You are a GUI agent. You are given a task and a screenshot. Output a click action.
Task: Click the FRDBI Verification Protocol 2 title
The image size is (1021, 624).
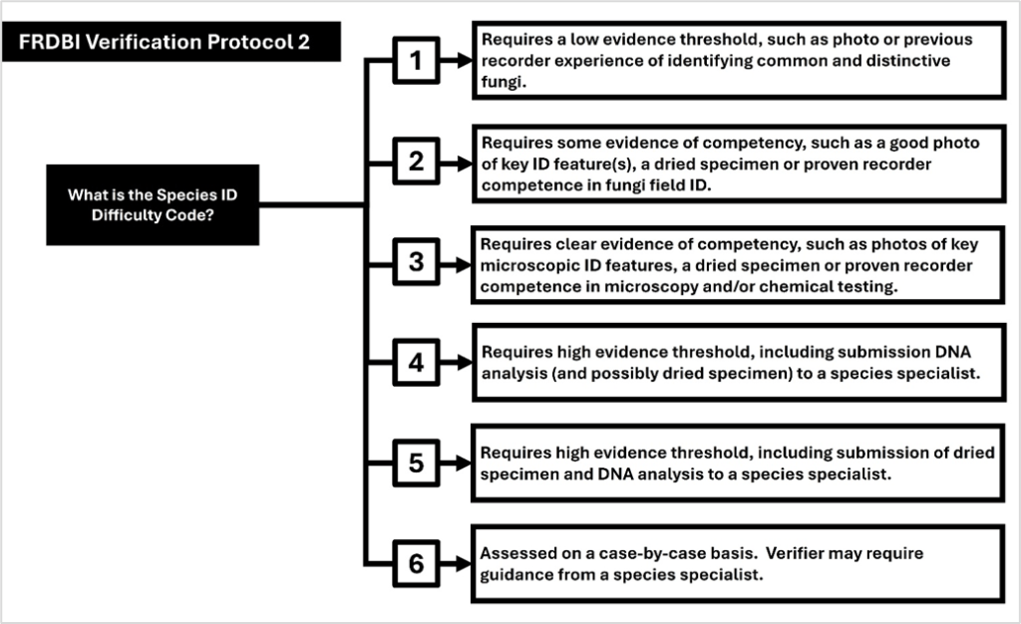(x=171, y=42)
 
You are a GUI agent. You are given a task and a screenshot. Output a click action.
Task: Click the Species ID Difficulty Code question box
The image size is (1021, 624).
(x=153, y=205)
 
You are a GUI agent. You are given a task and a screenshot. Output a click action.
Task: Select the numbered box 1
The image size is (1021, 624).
(x=417, y=62)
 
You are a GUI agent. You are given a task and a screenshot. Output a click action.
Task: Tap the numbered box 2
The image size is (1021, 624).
(x=417, y=162)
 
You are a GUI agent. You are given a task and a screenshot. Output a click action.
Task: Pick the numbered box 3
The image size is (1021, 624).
(x=417, y=263)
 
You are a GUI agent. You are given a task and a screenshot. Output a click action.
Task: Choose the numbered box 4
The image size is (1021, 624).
(x=417, y=363)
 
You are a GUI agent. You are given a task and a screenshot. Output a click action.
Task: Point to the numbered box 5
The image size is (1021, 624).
(x=417, y=464)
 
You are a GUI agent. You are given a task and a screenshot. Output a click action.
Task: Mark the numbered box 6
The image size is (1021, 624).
(x=417, y=564)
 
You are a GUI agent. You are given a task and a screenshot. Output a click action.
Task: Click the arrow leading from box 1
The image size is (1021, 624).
(x=456, y=62)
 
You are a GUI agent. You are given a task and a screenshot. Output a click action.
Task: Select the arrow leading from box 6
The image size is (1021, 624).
(x=456, y=564)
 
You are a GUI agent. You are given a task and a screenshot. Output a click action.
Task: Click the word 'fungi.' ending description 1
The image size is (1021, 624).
(x=503, y=82)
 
